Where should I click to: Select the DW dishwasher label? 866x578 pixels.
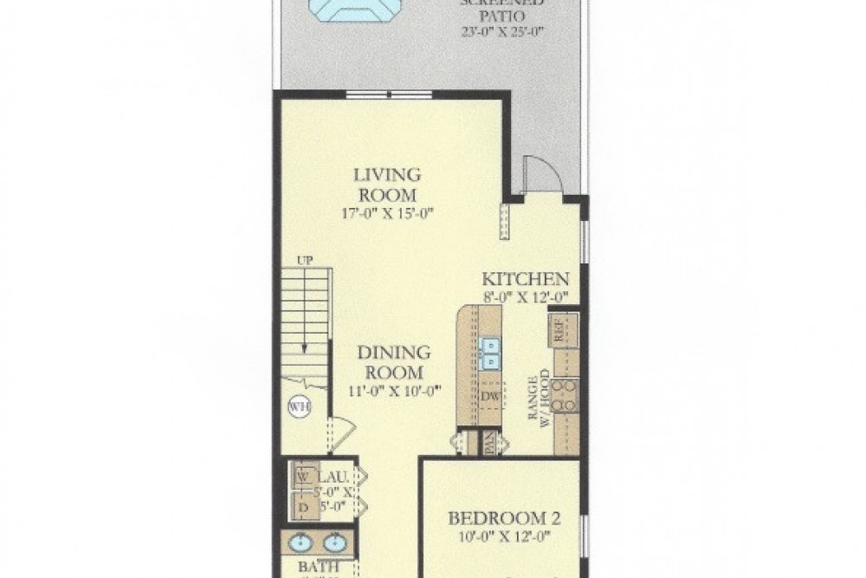tap(489, 395)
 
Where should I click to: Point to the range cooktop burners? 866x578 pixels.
tap(565, 395)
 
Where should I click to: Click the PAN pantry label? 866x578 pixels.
tap(489, 444)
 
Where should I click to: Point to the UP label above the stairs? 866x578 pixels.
tap(304, 259)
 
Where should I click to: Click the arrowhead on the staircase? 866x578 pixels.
tap(304, 349)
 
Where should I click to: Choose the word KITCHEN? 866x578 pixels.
tap(525, 279)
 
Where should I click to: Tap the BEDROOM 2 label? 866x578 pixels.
tap(503, 519)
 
